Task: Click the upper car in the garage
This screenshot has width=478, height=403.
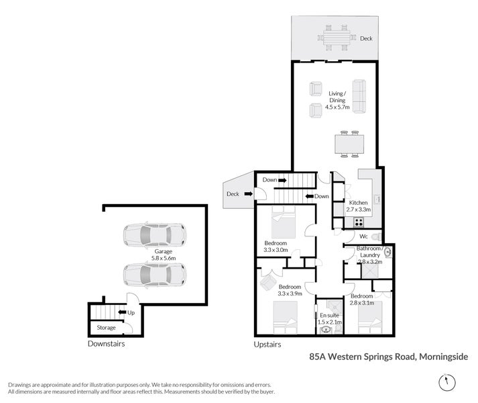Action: (x=154, y=235)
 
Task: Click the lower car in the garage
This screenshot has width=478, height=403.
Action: (x=154, y=274)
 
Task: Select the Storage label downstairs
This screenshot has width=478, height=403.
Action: (x=106, y=328)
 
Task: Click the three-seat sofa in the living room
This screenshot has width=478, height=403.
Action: (x=359, y=97)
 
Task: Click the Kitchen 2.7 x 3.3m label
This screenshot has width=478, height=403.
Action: (x=357, y=206)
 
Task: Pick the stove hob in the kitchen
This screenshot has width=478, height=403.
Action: (x=359, y=222)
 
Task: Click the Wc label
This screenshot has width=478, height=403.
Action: (x=363, y=236)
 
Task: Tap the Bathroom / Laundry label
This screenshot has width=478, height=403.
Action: (x=369, y=255)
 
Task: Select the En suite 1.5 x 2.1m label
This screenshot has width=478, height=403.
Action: (x=329, y=318)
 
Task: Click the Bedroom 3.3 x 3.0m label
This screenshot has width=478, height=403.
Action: (x=276, y=246)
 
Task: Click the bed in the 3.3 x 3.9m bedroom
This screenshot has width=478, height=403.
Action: (x=284, y=317)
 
